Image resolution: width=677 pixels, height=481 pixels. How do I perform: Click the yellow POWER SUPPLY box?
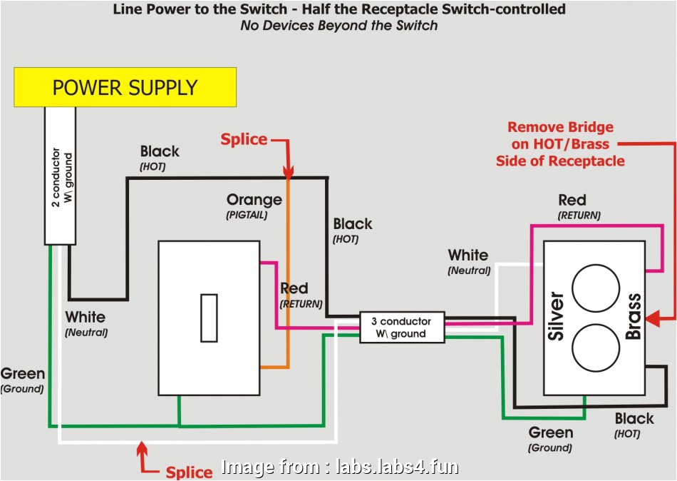125,87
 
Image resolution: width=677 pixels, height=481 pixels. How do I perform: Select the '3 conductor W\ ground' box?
402,328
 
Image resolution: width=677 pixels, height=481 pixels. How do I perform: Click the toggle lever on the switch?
208,318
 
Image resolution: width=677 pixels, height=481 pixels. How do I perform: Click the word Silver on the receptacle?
558,316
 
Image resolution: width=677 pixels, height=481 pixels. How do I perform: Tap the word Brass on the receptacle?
633,316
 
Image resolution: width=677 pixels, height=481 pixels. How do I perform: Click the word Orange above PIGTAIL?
254,200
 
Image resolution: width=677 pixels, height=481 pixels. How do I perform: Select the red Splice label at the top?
244,139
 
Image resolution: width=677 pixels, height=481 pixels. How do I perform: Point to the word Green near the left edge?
22,373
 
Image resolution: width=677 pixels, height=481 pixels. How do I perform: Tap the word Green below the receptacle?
550,432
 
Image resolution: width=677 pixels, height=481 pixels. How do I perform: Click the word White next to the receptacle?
468,255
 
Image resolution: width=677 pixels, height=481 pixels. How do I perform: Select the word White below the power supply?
85,317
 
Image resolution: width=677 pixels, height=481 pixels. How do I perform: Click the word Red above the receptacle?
572,200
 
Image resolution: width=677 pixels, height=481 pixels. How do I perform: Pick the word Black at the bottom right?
634,418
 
